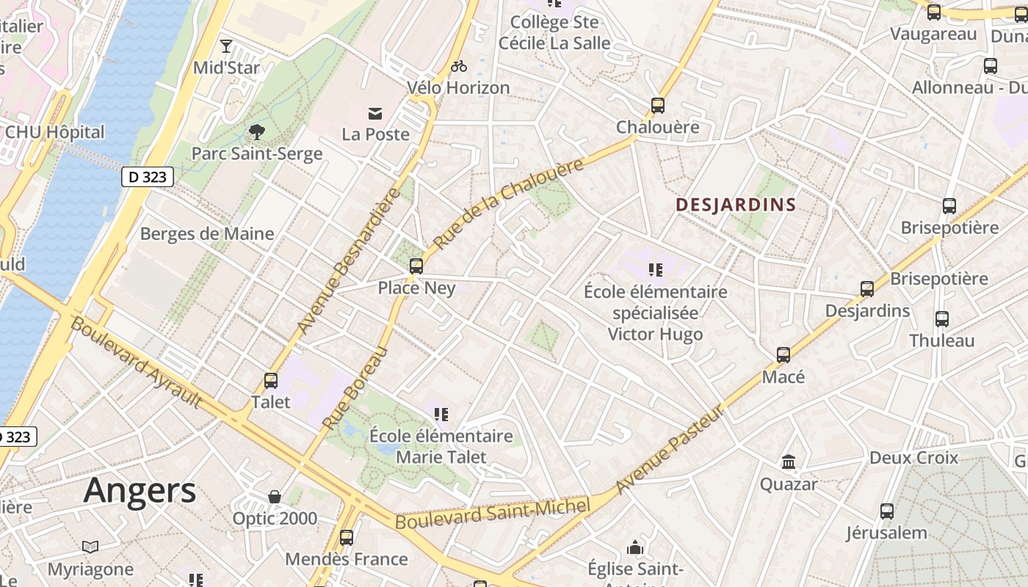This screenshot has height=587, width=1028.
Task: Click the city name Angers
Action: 140,490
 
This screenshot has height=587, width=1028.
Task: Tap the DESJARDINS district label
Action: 736,205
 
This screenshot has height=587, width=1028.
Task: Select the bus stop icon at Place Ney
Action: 416,266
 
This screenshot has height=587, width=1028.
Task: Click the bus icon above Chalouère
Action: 658,105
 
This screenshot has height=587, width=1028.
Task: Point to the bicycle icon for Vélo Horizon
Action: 459,66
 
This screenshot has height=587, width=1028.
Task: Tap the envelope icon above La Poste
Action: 375,113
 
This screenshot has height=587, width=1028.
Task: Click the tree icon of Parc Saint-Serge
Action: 256,132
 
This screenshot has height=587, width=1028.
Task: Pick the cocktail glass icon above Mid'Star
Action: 226,47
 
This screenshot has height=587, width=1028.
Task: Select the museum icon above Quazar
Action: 789,462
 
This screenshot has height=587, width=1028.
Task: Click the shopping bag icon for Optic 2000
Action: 275,497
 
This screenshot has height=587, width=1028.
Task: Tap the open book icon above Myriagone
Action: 90,547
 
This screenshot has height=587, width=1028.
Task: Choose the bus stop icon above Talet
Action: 271,380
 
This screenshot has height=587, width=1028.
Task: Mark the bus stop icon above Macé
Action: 783,355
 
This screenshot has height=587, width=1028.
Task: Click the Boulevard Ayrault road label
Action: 136,362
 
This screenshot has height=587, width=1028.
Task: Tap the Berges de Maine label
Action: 207,234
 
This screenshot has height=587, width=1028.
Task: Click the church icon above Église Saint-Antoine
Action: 635,547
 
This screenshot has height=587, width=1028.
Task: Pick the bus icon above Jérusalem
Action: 887,511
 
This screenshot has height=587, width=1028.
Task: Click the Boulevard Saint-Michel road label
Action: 493,514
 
